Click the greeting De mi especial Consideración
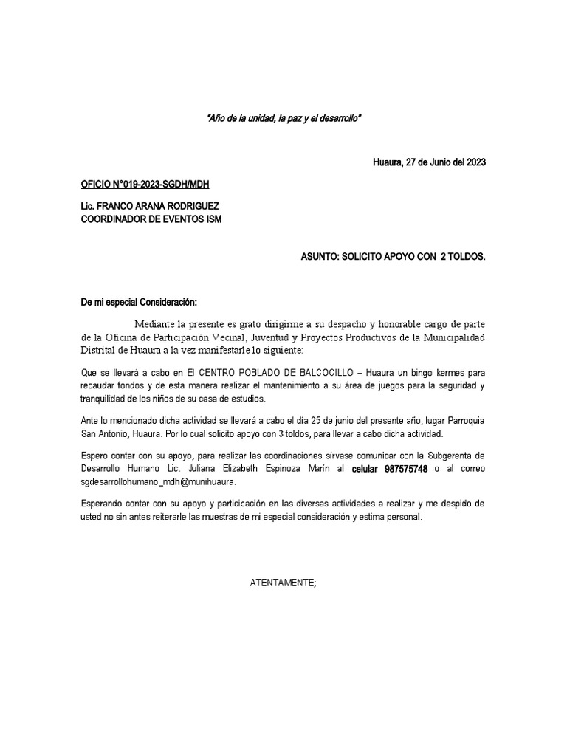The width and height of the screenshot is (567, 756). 140,303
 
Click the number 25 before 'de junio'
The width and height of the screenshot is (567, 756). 328,419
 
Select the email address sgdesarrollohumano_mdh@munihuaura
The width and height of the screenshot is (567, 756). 158,481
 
